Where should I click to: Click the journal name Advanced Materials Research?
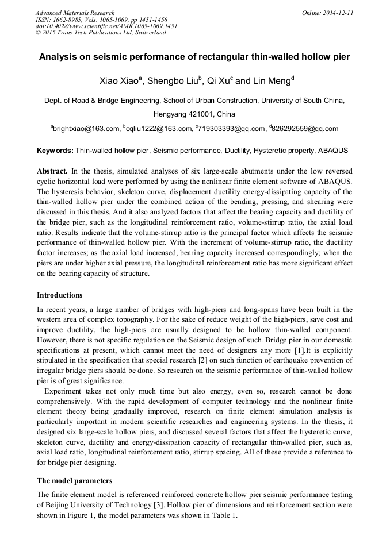[75, 13]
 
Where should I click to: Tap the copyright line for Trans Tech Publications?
[101, 33]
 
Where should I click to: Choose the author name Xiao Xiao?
[118, 81]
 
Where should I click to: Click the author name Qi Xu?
[220, 81]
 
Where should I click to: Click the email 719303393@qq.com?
[232, 129]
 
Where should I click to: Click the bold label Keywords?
[55, 151]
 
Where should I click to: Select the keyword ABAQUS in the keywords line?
[333, 151]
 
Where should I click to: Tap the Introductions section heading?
[60, 295]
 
